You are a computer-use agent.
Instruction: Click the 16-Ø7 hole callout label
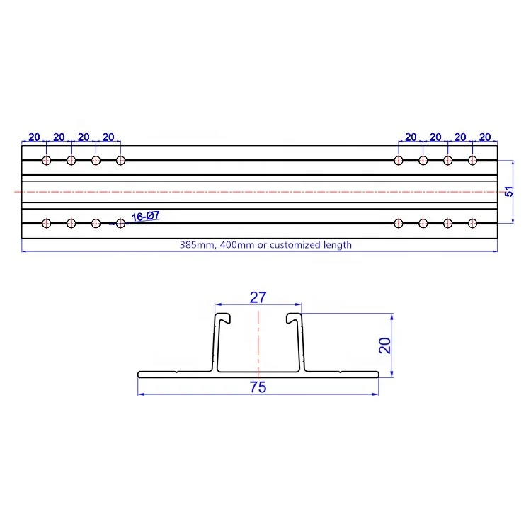click(x=145, y=217)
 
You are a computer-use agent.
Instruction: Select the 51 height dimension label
click(x=508, y=192)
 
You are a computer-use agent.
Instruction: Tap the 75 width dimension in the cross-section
click(x=258, y=387)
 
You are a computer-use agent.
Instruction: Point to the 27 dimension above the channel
click(x=258, y=297)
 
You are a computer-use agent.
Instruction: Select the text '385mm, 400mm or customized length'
click(x=265, y=244)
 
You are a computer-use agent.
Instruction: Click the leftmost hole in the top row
click(x=46, y=161)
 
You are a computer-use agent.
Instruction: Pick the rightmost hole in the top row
click(x=472, y=161)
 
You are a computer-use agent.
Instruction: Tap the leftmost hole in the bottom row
click(x=46, y=224)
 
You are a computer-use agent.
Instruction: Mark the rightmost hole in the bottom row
click(x=472, y=224)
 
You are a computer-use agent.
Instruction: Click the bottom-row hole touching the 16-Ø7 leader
click(x=120, y=224)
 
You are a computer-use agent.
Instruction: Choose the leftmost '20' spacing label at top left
click(x=34, y=137)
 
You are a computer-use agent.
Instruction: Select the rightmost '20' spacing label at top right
click(x=485, y=137)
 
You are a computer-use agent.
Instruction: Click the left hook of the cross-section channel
click(x=223, y=318)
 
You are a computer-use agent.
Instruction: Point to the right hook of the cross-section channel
click(x=293, y=318)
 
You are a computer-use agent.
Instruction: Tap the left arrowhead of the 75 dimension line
click(x=140, y=394)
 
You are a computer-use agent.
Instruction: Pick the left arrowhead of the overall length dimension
click(x=25, y=251)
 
